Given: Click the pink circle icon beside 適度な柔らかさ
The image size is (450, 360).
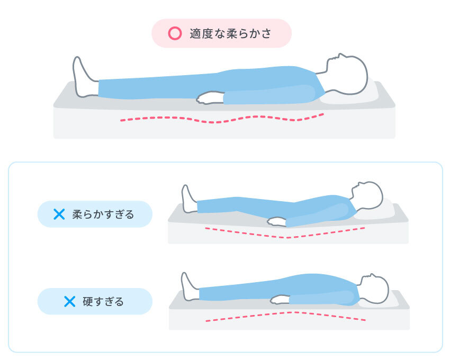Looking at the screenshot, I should tap(174, 34).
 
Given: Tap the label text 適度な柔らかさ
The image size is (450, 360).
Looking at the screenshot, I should tap(230, 34).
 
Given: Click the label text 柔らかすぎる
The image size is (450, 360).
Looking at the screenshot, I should tap(103, 214).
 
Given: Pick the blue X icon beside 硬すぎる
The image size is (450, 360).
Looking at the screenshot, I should tap(69, 301).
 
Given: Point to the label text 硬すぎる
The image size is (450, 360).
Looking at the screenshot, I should tap(103, 302).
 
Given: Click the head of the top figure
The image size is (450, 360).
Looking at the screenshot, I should tap(347, 74).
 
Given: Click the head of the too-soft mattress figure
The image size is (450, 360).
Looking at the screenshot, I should tap(367, 195).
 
